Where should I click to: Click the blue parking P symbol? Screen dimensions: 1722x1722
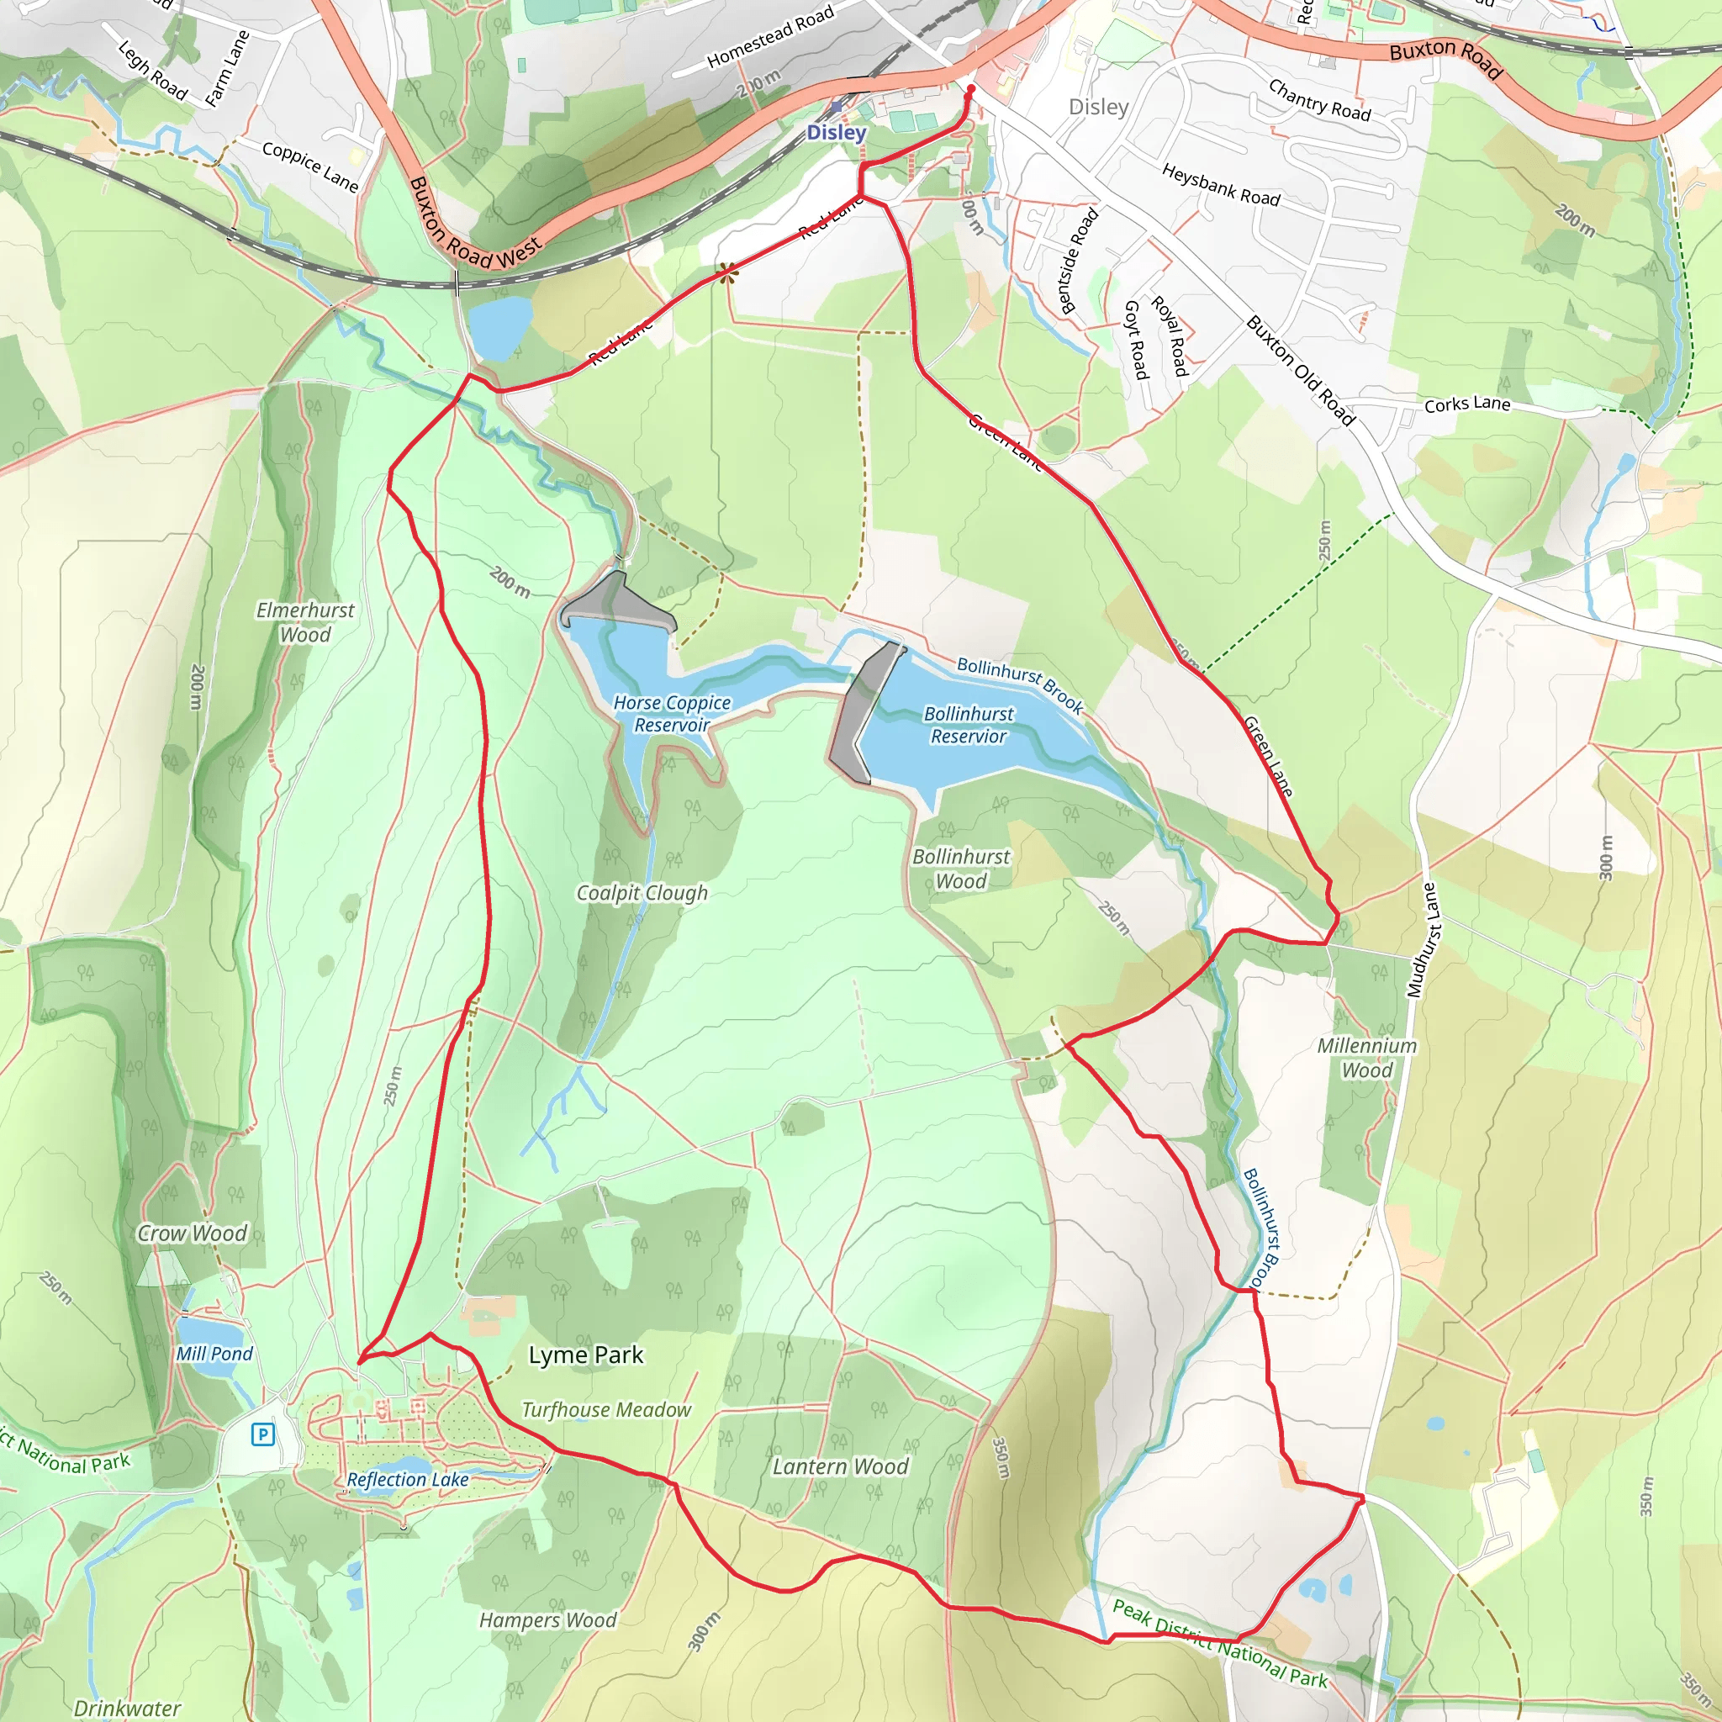pyautogui.click(x=262, y=1434)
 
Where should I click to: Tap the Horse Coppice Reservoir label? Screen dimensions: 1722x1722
pyautogui.click(x=672, y=714)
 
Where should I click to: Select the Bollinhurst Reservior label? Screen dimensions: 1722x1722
pyautogui.click(x=968, y=725)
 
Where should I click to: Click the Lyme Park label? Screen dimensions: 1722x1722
pyautogui.click(x=585, y=1355)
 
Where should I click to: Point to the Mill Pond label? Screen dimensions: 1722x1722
pyautogui.click(x=214, y=1354)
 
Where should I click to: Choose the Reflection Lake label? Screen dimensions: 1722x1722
pyautogui.click(x=407, y=1480)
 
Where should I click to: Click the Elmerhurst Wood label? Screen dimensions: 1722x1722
pyautogui.click(x=305, y=622)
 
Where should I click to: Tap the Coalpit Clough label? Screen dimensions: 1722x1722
pyautogui.click(x=642, y=893)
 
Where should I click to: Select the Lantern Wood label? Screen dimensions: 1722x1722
pyautogui.click(x=840, y=1466)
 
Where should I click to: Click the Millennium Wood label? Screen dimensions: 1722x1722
pyautogui.click(x=1366, y=1058)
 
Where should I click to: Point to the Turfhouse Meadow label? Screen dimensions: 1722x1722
pyautogui.click(x=606, y=1410)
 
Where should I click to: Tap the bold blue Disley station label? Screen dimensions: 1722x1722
pyautogui.click(x=836, y=133)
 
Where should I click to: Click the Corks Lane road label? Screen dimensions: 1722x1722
pyautogui.click(x=1467, y=404)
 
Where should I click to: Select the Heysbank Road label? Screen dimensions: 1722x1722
pyautogui.click(x=1220, y=185)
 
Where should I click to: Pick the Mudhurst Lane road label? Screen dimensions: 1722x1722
pyautogui.click(x=1423, y=939)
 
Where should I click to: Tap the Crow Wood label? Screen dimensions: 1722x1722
pyautogui.click(x=192, y=1233)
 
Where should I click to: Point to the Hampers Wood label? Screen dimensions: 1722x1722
pyautogui.click(x=547, y=1620)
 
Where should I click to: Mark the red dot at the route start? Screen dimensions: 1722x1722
pyautogui.click(x=970, y=89)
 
